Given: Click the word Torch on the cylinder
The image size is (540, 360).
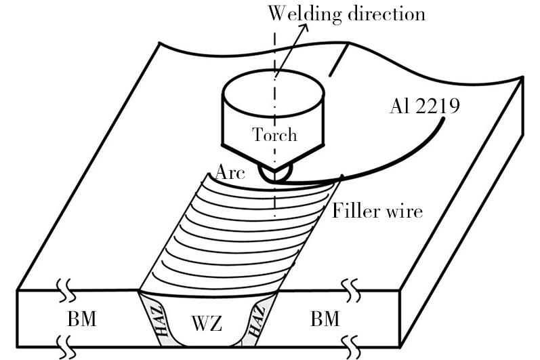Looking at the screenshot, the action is click(274, 134).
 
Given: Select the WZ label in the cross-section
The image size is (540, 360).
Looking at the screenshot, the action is click(206, 323).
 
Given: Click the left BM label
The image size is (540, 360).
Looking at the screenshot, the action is click(81, 319).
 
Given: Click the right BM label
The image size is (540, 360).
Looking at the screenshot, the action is click(325, 319).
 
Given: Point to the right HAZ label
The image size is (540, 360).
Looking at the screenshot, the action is click(257, 321).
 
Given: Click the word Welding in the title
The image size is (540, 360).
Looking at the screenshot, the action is click(304, 14).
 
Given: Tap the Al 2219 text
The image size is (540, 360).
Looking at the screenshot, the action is click(425, 106).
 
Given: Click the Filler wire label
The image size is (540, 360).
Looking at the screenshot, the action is click(377, 211).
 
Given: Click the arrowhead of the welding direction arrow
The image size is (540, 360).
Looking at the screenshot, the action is click(303, 28).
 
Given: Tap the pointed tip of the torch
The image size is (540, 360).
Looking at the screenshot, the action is click(274, 171).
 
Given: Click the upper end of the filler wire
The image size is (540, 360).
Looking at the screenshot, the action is click(442, 119).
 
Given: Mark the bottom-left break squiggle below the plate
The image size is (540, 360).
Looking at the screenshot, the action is click(66, 347).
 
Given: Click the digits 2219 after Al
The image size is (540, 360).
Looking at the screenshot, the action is click(438, 106).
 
